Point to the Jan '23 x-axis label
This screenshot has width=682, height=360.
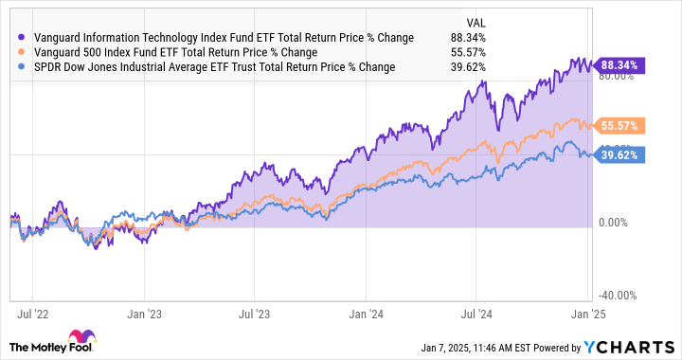(x=144, y=309)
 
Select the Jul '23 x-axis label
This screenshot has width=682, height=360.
(x=255, y=309)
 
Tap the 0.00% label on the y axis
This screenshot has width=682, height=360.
(x=617, y=224)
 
